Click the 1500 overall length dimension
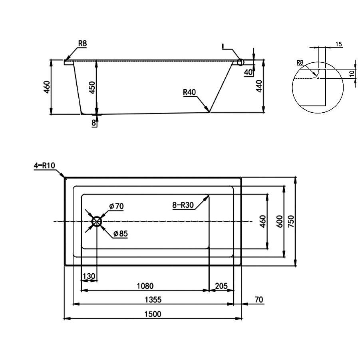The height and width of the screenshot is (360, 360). coord(153,314)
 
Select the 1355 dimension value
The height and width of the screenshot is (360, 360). coord(153,300)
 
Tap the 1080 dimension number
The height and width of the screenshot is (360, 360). coord(145,286)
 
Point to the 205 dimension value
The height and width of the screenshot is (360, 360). coord(221,286)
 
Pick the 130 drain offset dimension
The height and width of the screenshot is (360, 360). coord(89,276)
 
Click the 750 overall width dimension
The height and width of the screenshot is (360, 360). coord(291,221)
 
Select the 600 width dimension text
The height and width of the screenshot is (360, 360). coord(280,221)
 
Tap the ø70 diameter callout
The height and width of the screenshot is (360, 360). coord(116,206)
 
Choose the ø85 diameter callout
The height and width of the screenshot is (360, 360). coord(121,234)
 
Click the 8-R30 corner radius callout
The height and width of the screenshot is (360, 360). coord(183,205)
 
